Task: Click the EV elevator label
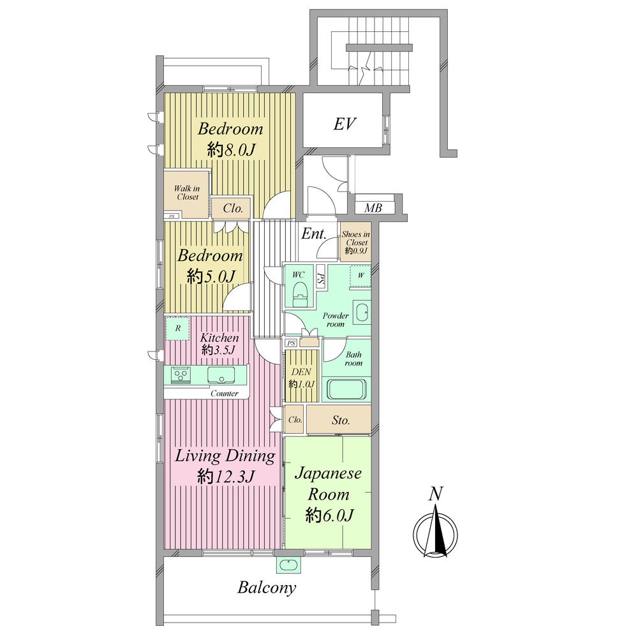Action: tap(345, 124)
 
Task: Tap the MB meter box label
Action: tap(373, 209)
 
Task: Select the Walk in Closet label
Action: tap(188, 193)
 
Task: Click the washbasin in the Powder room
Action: tap(362, 313)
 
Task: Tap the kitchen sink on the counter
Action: tap(221, 375)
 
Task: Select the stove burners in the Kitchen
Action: tap(181, 375)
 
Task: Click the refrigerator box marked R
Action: tap(177, 329)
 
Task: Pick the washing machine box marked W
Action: tap(360, 276)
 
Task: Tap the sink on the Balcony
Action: tap(289, 565)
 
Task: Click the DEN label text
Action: tap(302, 372)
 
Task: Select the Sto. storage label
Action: tap(341, 420)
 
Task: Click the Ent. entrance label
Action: tap(314, 234)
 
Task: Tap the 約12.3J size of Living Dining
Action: tap(226, 476)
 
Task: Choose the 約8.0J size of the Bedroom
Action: tap(231, 150)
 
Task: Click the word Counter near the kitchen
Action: tap(224, 394)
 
